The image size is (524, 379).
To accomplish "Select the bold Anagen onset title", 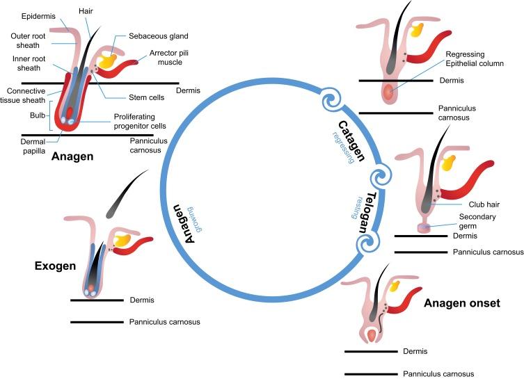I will [462, 303].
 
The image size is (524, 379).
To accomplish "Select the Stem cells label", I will [132, 98].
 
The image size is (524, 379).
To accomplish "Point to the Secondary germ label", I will [478, 221].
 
